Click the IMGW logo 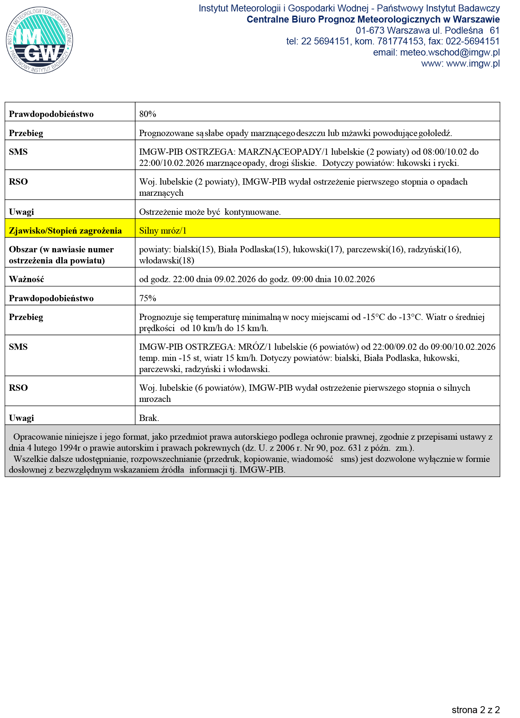pyautogui.click(x=40, y=40)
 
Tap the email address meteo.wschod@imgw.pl pyautogui.click(x=450, y=53)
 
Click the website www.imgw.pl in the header pyautogui.click(x=473, y=64)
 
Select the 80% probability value pyautogui.click(x=148, y=114)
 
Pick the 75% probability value pyautogui.click(x=148, y=298)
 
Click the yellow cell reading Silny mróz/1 pyautogui.click(x=163, y=231)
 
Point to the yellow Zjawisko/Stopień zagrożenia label pyautogui.click(x=66, y=231)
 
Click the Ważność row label pyautogui.click(x=27, y=279)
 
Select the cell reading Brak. pyautogui.click(x=149, y=418)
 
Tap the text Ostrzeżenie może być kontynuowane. pyautogui.click(x=210, y=212)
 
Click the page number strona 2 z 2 pyautogui.click(x=476, y=709)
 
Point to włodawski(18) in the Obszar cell pyautogui.click(x=166, y=261)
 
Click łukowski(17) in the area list pyautogui.click(x=318, y=250)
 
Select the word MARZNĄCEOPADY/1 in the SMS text pyautogui.click(x=283, y=152)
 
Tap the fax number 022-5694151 pyautogui.click(x=473, y=42)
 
